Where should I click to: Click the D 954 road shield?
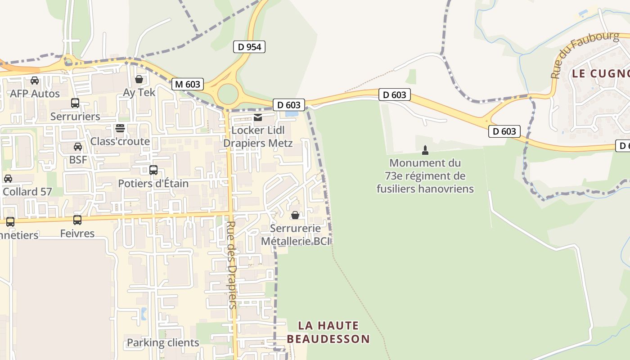coord(249,46)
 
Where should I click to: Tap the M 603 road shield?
coord(188,84)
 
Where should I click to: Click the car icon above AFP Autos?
coord(35,81)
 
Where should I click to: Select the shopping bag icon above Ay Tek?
coord(139,79)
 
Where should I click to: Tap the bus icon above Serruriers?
coord(75,103)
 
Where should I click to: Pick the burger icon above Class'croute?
coord(120,128)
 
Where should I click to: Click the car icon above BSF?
coord(78,146)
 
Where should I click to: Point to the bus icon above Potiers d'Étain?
coord(153,170)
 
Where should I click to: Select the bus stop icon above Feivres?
coord(77,220)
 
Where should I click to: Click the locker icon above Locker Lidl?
coord(258,117)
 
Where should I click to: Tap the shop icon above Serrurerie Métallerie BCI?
coord(295,215)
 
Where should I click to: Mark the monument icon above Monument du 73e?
coord(425,150)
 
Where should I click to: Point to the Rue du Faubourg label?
coord(585,54)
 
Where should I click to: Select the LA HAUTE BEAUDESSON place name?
coord(328,332)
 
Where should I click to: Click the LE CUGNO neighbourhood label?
coord(600,73)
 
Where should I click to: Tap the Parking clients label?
coord(163,342)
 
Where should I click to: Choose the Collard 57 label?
coord(27,191)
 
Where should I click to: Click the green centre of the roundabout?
coord(228,94)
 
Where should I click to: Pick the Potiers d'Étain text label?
coord(153,183)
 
